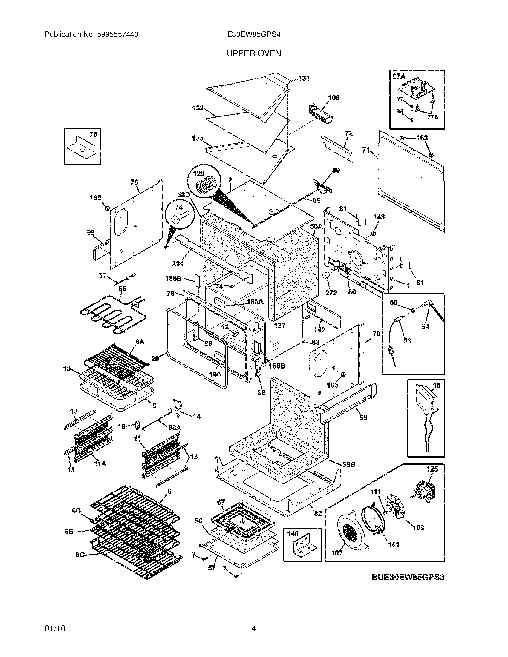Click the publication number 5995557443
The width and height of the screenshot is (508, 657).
click(x=118, y=35)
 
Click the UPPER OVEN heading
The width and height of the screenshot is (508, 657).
click(x=254, y=53)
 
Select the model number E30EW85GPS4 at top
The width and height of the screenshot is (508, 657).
click(x=254, y=35)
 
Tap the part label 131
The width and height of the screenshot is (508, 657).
click(x=304, y=78)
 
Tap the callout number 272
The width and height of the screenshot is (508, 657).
click(x=331, y=292)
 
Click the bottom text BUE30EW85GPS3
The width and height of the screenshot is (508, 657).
click(x=408, y=577)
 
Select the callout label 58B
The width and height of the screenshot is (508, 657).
click(x=349, y=464)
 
